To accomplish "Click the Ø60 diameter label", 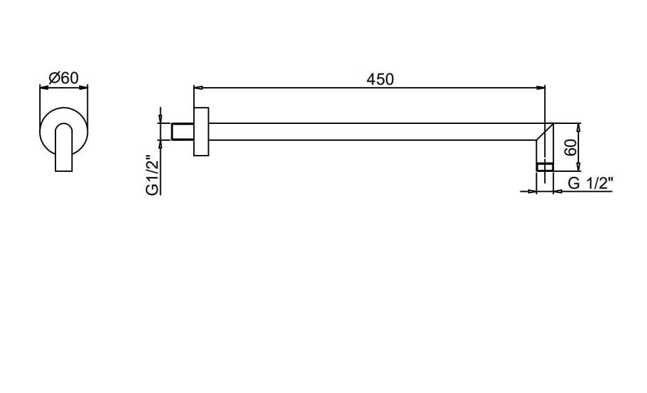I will point(63,78).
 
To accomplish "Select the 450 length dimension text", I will point(380,79).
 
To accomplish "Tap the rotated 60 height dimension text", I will point(569,148).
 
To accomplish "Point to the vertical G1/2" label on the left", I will point(152,175).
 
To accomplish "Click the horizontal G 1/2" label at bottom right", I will point(590,183).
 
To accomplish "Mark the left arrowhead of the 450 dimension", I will point(197,88).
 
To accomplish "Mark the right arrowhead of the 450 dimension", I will point(542,88).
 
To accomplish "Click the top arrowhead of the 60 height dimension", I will point(578,126).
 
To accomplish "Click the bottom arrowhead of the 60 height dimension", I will point(578,168).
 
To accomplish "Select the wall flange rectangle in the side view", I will point(201,131).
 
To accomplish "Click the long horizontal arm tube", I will point(374,131).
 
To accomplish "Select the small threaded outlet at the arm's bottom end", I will point(545,166).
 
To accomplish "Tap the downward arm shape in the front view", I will point(64,149).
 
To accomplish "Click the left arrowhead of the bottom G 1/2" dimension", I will point(532,191).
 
